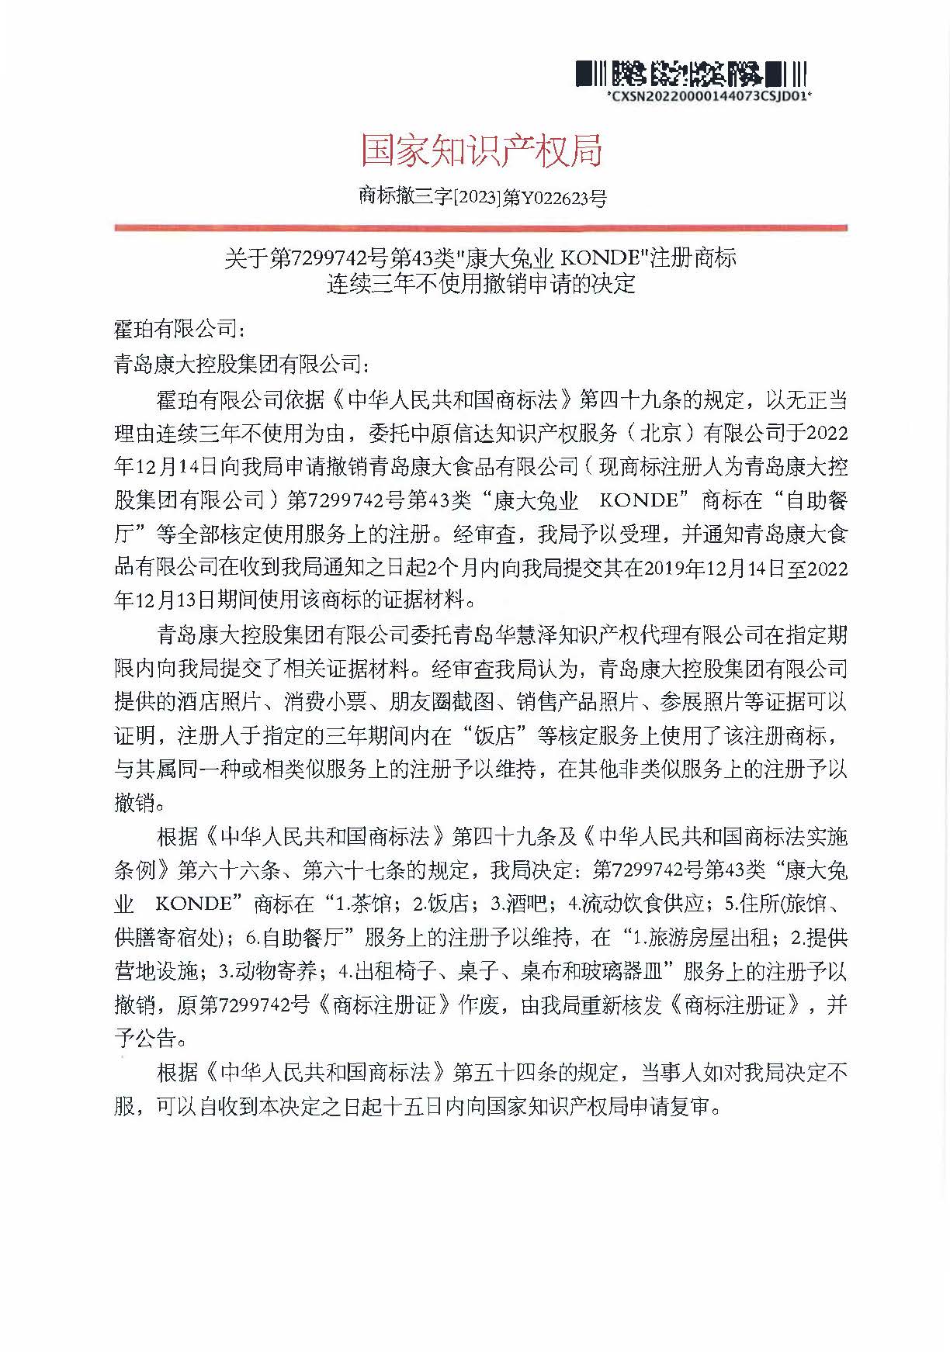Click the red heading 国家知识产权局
tap(481, 150)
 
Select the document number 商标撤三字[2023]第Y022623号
tap(482, 197)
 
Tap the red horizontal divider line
tap(480, 228)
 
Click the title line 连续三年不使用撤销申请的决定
tap(480, 284)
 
